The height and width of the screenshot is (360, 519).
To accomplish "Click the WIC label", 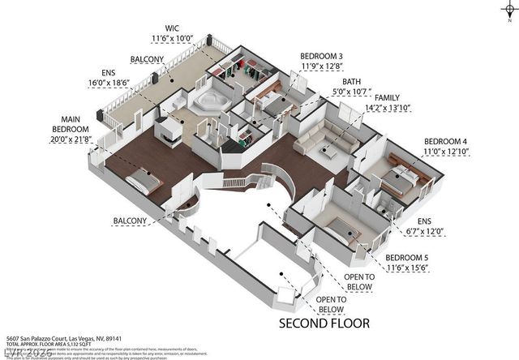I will [172, 28].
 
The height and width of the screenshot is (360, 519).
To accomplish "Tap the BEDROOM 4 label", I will [446, 138].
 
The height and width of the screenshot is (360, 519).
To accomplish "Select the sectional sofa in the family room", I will [324, 144].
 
